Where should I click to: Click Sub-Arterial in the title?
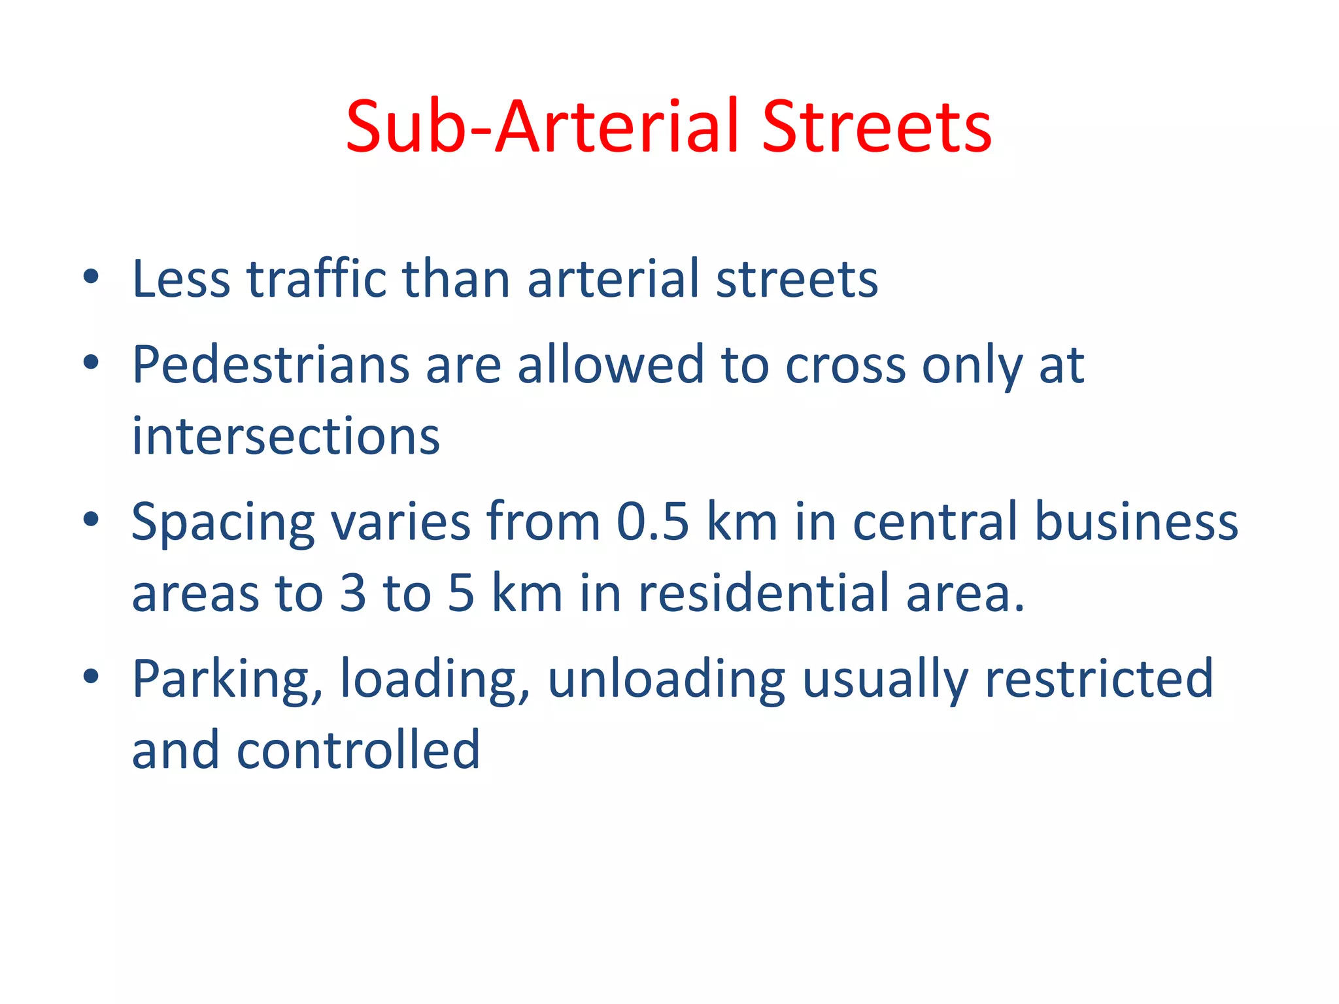(543, 127)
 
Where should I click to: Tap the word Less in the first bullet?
(181, 279)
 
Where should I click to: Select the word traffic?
(316, 279)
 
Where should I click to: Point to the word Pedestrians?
(271, 365)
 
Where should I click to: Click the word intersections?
(286, 436)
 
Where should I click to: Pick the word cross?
(845, 365)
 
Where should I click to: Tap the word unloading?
(666, 680)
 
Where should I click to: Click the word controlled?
(358, 750)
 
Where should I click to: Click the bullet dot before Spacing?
(91, 519)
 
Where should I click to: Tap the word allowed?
(611, 365)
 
